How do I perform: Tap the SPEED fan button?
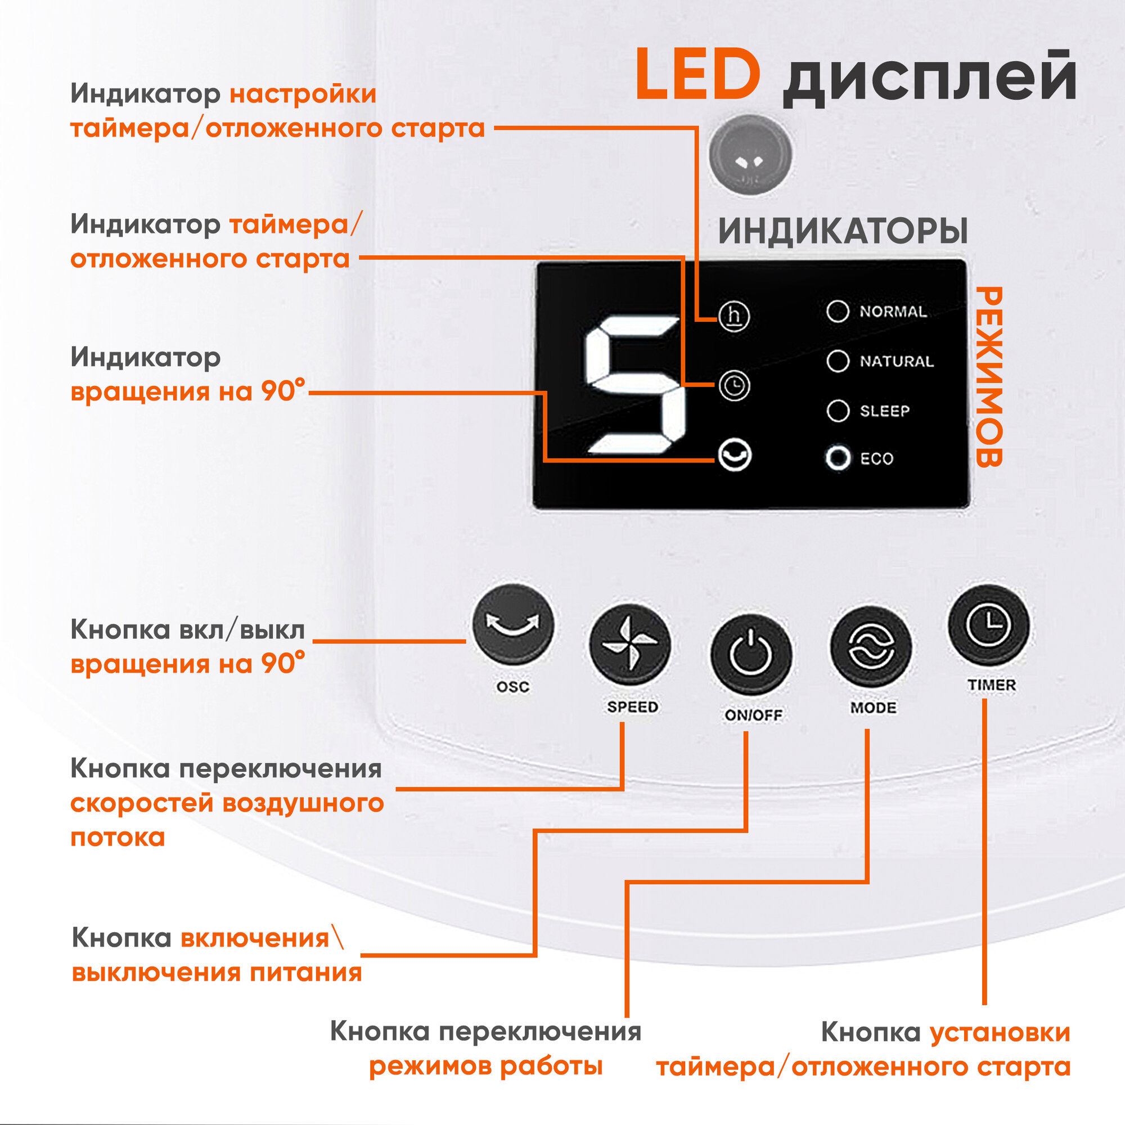click(630, 645)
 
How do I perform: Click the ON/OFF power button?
click(751, 654)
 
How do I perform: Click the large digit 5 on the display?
click(634, 385)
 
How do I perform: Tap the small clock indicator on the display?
click(734, 385)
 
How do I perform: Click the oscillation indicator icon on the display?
click(734, 454)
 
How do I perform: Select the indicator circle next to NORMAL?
click(838, 312)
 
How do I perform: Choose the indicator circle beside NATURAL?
click(838, 361)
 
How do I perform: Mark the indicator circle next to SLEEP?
click(838, 411)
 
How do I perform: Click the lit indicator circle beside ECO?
click(838, 458)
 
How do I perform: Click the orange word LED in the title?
click(697, 76)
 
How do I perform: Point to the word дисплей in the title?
click(929, 79)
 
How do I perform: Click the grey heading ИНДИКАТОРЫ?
click(843, 232)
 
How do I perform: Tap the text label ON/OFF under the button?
click(753, 715)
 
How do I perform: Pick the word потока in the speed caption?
click(118, 838)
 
